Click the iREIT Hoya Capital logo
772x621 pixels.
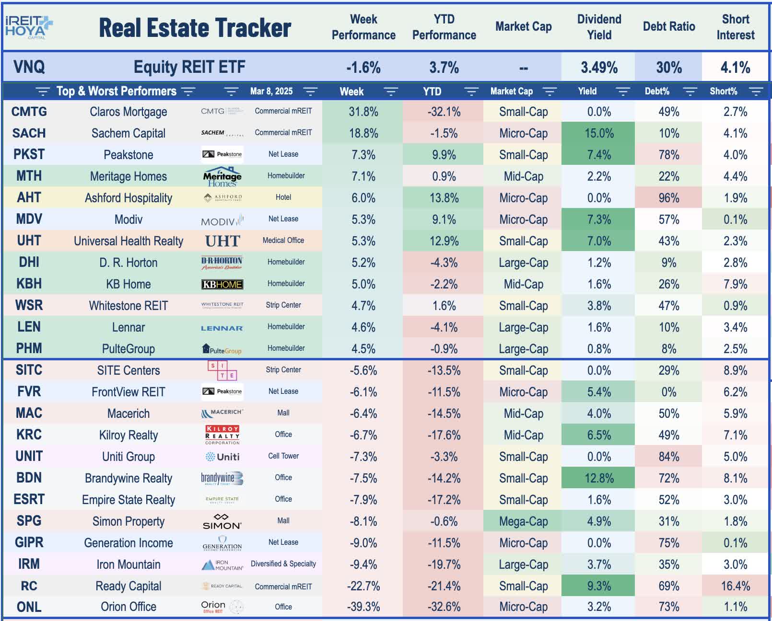pos(29,27)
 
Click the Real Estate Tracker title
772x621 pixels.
pos(195,28)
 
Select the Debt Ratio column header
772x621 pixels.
pos(668,27)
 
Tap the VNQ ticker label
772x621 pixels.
pos(29,67)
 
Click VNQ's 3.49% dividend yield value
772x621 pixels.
pos(599,67)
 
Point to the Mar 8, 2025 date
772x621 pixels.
pos(271,92)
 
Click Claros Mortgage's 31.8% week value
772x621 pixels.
pos(363,112)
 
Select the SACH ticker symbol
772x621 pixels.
pos(29,133)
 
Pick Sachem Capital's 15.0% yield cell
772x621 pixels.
pos(599,133)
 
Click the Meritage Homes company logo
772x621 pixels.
pos(222,176)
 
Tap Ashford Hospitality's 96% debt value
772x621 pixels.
pos(668,198)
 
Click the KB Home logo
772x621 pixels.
pos(222,284)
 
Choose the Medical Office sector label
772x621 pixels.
pos(283,241)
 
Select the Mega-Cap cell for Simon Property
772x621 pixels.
pos(523,521)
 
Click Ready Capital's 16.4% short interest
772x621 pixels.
pos(735,586)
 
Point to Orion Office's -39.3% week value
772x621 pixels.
pos(363,607)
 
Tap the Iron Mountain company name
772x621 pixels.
pos(129,564)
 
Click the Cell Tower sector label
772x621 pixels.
pos(283,456)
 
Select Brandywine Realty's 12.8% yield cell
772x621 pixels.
pos(599,478)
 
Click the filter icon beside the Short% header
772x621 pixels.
pos(756,92)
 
